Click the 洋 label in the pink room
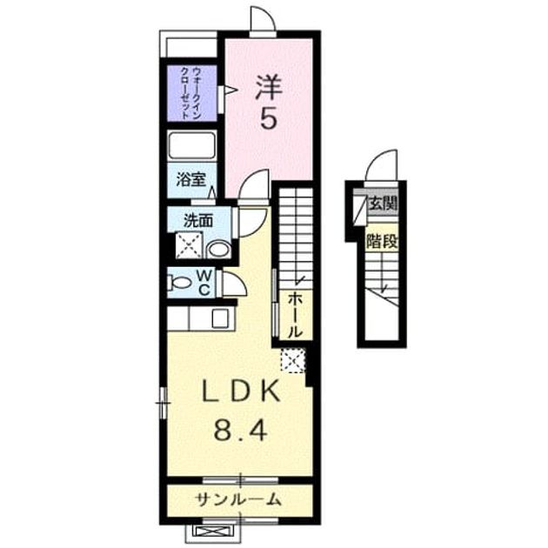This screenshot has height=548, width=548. coord(269,87)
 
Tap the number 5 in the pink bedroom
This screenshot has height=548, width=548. coord(269,119)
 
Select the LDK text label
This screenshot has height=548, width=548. coord(241,391)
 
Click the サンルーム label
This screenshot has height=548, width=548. coord(239,499)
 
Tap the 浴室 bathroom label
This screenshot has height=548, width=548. coord(190,180)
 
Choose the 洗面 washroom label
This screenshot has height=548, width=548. coord(198,221)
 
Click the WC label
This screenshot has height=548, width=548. coord(204,283)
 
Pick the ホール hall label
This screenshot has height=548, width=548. coord(295,316)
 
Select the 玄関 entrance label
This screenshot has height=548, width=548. coord(384,203)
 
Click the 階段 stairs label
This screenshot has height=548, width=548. coord(382,241)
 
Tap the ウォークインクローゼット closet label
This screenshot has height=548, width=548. coord(191,93)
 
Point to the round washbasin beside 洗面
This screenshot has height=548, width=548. coord(219,250)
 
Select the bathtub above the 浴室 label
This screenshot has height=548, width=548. coord(191,145)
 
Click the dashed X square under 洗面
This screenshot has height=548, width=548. coord(189,245)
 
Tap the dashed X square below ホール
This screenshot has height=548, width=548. coord(294,360)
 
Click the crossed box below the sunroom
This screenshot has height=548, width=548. coord(212,532)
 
